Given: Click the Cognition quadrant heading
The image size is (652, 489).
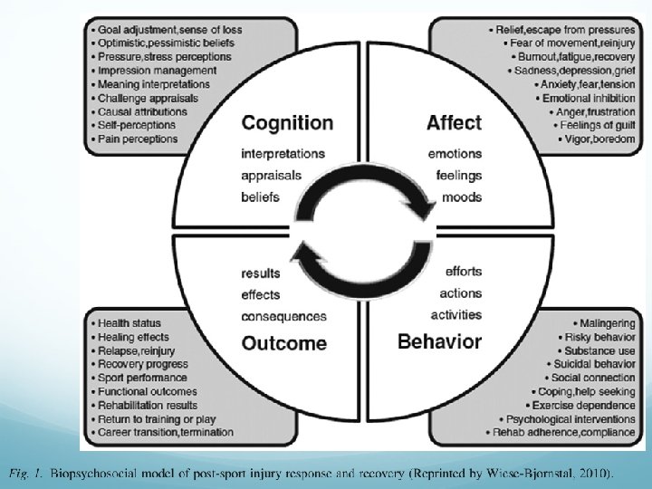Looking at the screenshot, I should point(287,123).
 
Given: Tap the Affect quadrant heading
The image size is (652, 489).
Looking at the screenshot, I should point(455,123).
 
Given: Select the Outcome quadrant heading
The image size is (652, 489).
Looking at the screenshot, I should point(284,343).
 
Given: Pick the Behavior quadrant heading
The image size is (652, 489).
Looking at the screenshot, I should point(440,341).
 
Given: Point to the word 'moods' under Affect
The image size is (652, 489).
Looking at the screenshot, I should point(462,197).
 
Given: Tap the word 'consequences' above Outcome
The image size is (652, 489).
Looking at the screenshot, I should point(283,316).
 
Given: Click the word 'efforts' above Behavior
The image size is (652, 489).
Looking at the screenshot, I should point(463,272).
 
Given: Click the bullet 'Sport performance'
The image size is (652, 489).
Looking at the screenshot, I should point(135,377).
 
